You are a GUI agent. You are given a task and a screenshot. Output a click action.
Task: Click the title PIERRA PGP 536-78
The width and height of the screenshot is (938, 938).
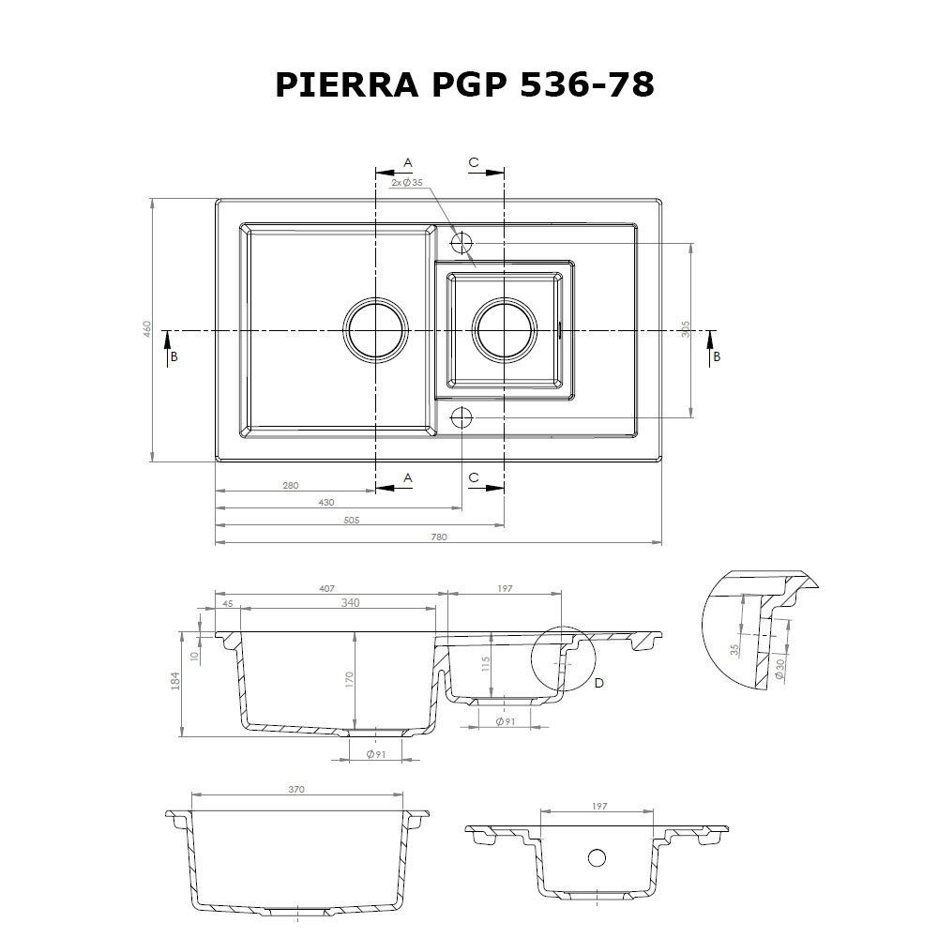tap(464, 84)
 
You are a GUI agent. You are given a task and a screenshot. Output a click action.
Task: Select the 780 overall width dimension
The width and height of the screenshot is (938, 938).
tap(439, 537)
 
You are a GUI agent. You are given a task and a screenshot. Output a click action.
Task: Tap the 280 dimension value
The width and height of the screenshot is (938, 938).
tap(290, 485)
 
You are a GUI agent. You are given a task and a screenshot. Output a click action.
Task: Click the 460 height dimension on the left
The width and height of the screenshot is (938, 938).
tap(147, 329)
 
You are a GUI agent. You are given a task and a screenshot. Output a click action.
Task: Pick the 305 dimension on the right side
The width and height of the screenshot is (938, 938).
tap(686, 329)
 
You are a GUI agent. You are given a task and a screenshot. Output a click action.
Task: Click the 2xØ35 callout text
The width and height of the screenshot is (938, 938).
tap(407, 182)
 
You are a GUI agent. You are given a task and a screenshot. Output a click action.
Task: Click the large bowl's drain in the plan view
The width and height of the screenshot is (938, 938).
tap(376, 330)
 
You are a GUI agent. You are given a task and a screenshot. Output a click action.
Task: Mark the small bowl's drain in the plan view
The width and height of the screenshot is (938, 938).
tap(506, 330)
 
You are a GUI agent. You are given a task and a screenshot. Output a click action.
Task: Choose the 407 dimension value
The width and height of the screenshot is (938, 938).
tap(325, 588)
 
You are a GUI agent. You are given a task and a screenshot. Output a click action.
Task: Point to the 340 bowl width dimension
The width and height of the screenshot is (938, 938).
tap(350, 603)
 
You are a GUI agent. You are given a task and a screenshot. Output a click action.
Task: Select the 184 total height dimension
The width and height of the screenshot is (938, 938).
tap(175, 682)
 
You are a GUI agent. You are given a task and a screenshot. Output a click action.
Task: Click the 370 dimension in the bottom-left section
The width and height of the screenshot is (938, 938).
tap(297, 790)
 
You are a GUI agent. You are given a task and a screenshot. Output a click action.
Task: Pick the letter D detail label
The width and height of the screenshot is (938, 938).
tap(599, 683)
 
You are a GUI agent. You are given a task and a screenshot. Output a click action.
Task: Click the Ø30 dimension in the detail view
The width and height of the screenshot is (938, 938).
tap(780, 669)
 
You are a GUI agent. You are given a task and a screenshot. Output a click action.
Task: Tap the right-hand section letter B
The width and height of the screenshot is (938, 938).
tap(717, 356)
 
